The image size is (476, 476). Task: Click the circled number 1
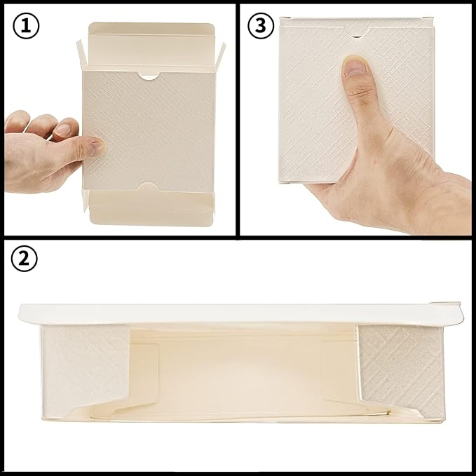click(25, 26)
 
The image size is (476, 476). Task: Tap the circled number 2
click(25, 259)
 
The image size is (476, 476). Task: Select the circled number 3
click(261, 26)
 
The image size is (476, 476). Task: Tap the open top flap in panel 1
click(151, 42)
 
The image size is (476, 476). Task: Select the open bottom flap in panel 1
click(151, 210)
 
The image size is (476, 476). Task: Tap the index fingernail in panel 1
click(63, 130)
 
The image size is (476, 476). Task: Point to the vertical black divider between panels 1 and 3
click(238, 119)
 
